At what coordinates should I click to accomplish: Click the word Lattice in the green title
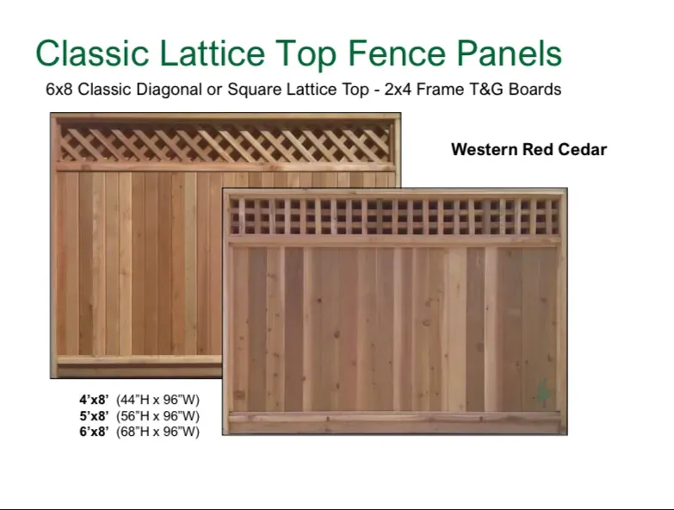(213, 53)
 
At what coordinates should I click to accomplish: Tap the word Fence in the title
(396, 53)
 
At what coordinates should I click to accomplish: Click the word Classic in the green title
(92, 53)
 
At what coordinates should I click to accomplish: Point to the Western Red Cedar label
(529, 150)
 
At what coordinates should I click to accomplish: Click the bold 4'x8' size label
(94, 400)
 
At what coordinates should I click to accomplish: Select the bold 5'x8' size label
(94, 416)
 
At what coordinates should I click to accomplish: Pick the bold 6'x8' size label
(94, 432)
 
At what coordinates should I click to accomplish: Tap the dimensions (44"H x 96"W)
(158, 400)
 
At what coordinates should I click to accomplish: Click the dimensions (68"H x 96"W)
(158, 432)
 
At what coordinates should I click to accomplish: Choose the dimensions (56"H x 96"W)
(158, 416)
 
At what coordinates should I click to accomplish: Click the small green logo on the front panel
(542, 393)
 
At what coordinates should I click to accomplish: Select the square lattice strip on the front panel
(394, 216)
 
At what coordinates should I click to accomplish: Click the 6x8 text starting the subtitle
(59, 90)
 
